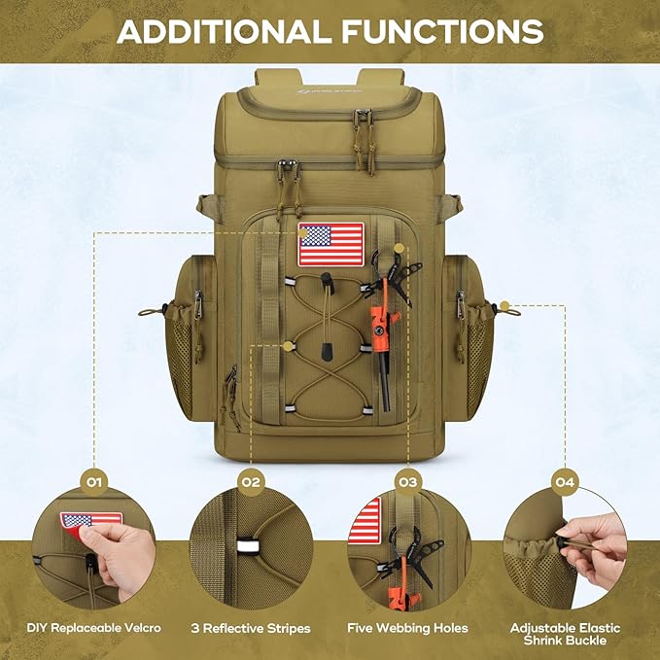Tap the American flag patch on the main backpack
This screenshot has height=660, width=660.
(x=330, y=244)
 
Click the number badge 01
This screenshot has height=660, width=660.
(x=93, y=480)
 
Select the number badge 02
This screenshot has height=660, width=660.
(x=251, y=480)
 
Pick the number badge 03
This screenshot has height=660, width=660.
(x=407, y=480)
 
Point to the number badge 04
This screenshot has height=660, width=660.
(x=565, y=480)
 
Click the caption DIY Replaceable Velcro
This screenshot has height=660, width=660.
(x=93, y=628)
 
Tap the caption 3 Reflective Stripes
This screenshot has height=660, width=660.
(x=251, y=628)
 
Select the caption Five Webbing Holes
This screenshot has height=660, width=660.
(x=407, y=628)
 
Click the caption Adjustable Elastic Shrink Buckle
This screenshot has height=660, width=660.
(x=565, y=635)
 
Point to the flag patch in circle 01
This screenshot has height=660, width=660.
(x=90, y=520)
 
